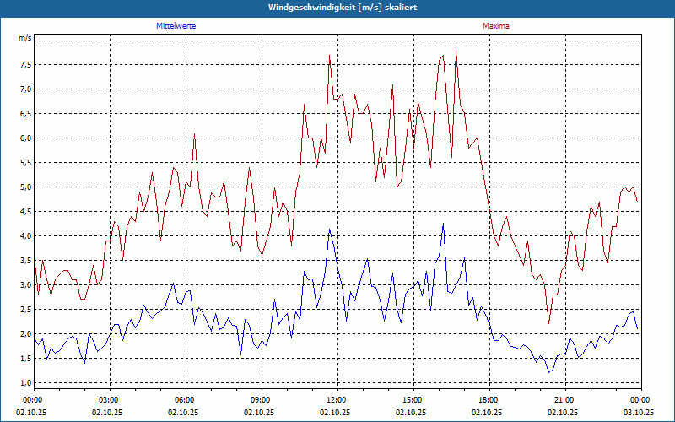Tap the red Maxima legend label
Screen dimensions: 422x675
496,26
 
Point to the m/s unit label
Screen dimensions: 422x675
24,38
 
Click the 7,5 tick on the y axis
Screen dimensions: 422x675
24,64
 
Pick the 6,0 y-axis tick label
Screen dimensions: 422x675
24,138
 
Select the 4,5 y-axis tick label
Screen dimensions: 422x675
24,211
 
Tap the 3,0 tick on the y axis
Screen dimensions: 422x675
24,285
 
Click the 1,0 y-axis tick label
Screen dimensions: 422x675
24,383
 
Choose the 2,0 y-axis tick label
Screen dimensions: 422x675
24,334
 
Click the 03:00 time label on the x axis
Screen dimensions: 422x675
109,400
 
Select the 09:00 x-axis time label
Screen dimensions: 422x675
261,400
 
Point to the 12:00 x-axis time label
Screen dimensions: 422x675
337,400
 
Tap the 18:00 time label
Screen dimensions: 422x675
489,400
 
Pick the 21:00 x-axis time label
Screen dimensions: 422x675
564,400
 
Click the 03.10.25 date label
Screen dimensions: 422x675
639,413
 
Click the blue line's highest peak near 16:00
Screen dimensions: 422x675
442,225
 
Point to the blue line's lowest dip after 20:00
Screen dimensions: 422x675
548,372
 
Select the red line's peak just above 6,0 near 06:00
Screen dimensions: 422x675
194,133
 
